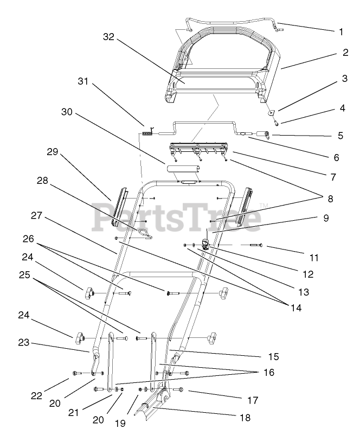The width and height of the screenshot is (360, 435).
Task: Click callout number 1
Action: tap(341, 32)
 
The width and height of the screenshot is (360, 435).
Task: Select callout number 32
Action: tap(108, 37)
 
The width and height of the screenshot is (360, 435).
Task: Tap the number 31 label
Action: tap(82, 81)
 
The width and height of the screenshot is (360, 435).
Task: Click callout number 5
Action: tap(341, 135)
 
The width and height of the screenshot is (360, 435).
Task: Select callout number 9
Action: tap(326, 219)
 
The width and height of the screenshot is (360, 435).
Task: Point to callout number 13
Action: tap(303, 292)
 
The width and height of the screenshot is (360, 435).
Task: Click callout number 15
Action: tap(273, 356)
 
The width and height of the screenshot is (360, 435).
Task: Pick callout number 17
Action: tap(253, 401)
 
